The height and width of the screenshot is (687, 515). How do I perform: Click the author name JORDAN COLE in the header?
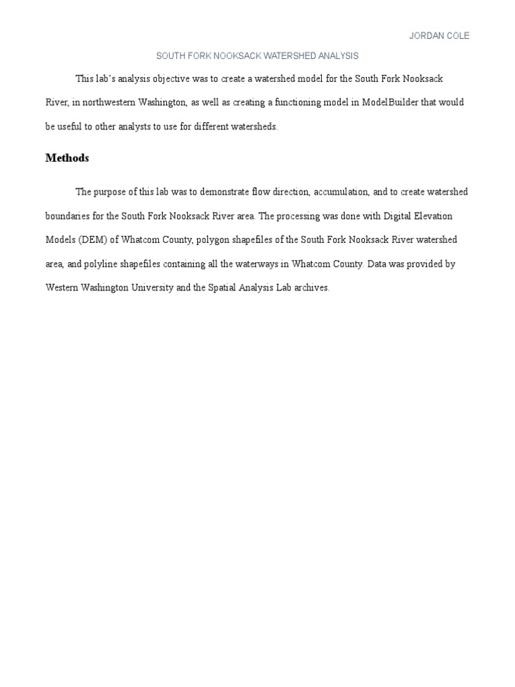coord(439,36)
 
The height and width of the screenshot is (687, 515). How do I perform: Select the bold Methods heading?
coord(67,158)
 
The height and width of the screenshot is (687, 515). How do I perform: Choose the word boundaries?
coord(67,216)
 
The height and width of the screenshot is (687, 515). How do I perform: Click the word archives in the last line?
coord(312,288)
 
